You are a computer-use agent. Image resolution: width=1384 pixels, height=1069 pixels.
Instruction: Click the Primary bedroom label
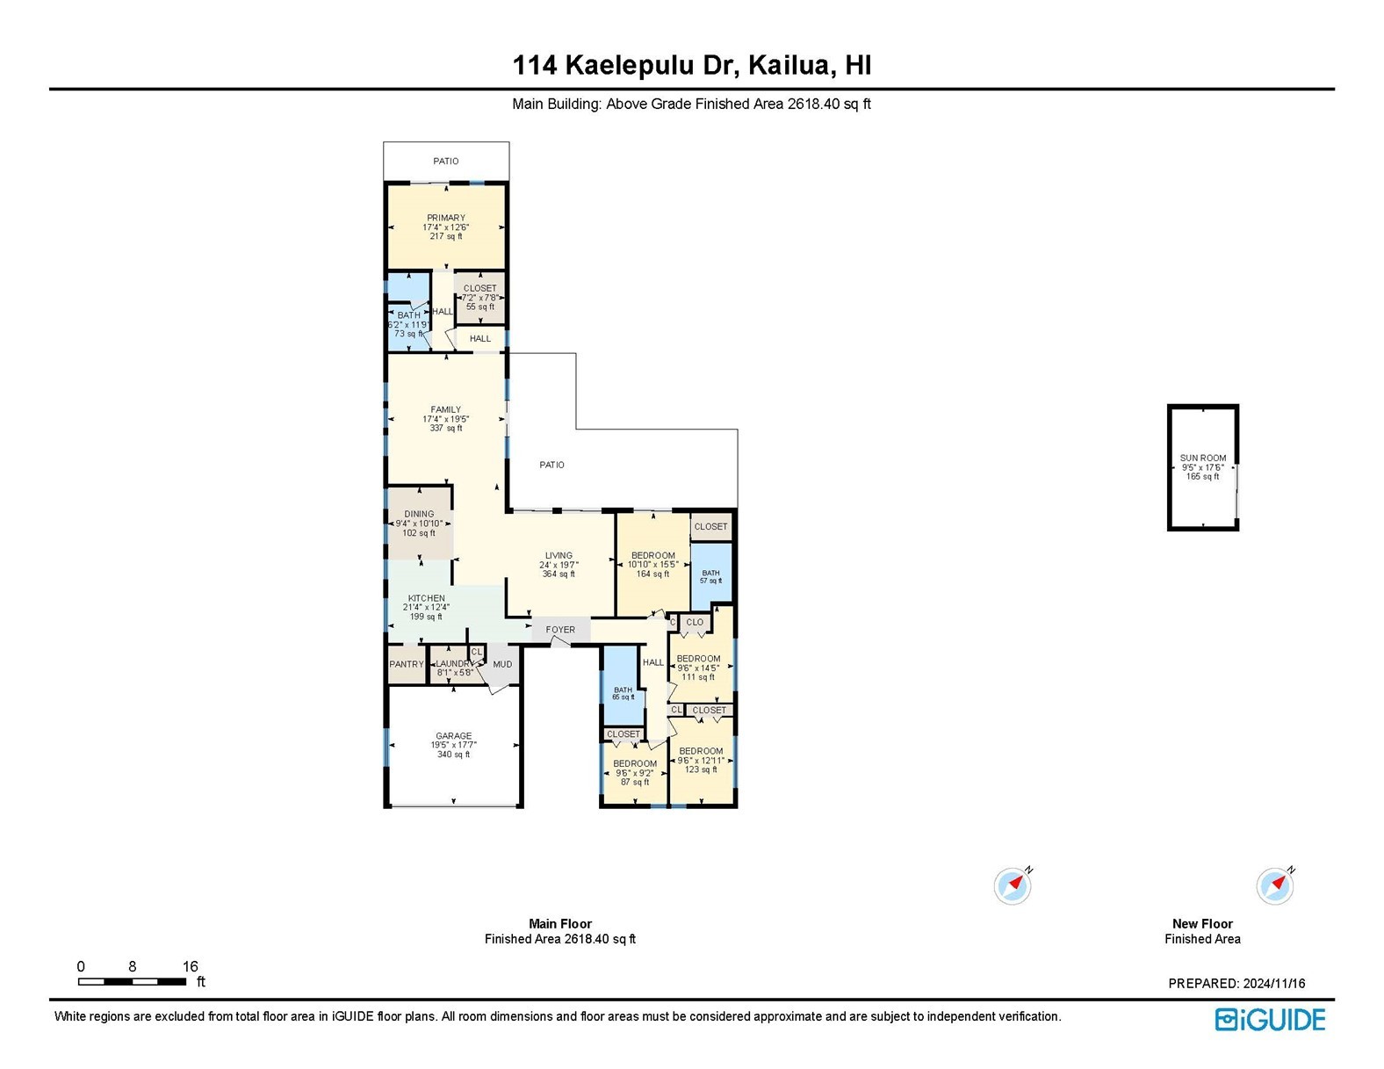tap(446, 218)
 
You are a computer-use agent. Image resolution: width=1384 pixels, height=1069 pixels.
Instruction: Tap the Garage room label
tap(454, 736)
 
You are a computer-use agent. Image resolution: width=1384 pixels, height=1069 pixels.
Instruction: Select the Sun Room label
tap(1203, 458)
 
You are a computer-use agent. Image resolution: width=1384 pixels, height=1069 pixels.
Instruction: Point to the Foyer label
tap(560, 630)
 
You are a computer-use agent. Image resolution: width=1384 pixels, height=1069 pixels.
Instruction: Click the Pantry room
tap(407, 664)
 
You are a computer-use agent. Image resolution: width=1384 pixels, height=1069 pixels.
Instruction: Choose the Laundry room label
tap(454, 664)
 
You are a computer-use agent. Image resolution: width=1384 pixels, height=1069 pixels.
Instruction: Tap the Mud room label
tap(502, 664)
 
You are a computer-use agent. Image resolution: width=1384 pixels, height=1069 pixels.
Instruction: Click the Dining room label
tap(419, 515)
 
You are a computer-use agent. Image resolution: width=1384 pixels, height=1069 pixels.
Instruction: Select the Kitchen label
tap(426, 598)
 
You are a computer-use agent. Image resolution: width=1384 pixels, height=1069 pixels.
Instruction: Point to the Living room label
tap(559, 555)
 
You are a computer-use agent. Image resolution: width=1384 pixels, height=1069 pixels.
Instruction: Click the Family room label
tap(445, 409)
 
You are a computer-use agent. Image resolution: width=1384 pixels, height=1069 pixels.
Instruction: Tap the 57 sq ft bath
tap(710, 576)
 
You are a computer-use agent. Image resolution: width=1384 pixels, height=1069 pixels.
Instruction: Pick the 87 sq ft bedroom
tap(635, 772)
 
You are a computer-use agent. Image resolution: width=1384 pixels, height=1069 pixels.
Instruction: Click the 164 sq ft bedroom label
tap(653, 555)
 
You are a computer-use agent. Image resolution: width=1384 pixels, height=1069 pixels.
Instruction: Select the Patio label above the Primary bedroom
tap(446, 162)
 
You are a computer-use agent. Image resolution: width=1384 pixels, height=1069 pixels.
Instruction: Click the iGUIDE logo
tap(1271, 1020)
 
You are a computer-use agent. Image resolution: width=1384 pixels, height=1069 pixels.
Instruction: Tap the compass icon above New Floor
tap(1274, 886)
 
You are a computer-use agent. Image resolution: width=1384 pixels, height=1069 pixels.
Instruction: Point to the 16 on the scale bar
tap(191, 966)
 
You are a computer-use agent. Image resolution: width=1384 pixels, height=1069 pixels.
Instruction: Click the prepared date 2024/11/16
tap(1274, 984)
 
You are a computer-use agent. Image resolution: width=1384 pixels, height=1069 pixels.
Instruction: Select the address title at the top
tap(692, 66)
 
